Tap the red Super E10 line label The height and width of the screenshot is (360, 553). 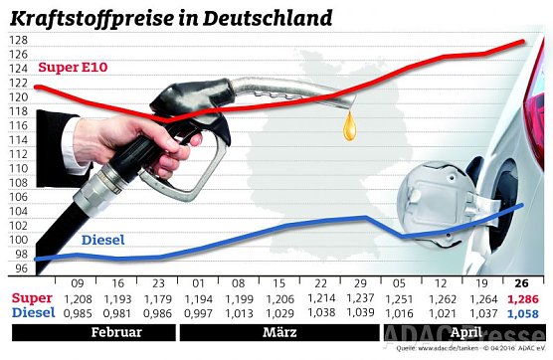point(74,68)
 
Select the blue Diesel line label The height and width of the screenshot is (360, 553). point(103,239)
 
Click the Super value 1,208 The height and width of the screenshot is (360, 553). point(79,297)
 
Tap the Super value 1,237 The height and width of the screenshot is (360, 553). point(362,297)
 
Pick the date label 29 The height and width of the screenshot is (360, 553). point(362,282)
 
